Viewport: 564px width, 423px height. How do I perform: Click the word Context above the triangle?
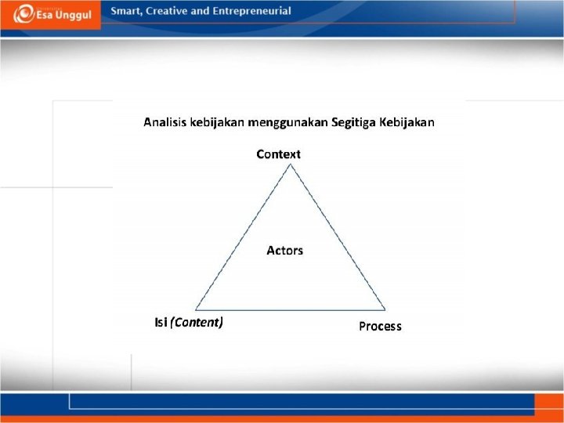coord(278,154)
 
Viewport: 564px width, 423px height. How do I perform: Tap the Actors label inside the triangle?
coord(284,251)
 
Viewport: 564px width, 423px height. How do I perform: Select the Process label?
coord(380,326)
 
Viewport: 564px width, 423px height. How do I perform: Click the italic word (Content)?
coord(197,322)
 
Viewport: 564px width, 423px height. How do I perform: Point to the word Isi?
coord(161,322)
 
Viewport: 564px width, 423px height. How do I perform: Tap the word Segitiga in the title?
coord(353,122)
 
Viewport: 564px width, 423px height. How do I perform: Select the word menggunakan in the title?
coord(288,122)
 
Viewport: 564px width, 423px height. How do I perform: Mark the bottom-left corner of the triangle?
coord(196,309)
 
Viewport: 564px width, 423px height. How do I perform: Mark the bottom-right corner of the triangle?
coord(385,309)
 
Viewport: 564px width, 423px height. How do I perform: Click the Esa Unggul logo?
coord(50,14)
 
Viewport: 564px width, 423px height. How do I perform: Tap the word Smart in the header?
coord(126,11)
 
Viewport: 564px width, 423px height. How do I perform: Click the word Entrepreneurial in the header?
coord(251,11)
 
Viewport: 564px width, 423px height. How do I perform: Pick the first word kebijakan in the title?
coord(216,122)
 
